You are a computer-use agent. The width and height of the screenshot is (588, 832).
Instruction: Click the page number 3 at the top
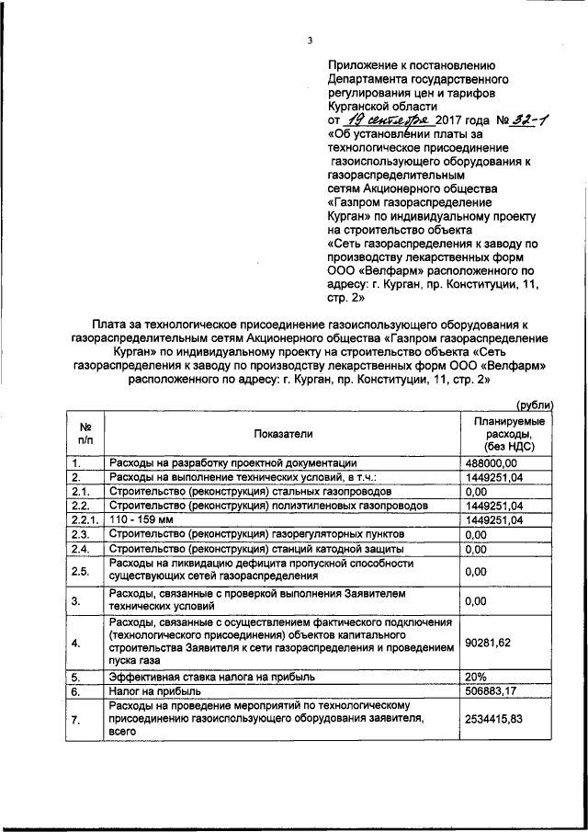point(311,40)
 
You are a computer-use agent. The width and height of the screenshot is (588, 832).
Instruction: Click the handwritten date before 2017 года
point(382,120)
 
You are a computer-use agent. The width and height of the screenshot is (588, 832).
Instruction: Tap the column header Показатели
point(283,432)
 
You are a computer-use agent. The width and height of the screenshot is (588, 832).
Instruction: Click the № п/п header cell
point(85,432)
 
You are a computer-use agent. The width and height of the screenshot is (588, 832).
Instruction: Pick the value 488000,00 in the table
point(493,463)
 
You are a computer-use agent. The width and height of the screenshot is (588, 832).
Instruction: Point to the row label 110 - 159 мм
point(138,520)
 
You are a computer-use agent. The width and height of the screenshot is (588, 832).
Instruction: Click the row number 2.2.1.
point(85,520)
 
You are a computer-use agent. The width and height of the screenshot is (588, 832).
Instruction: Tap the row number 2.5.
point(81,570)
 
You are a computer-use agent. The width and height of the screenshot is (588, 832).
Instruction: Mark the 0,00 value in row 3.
point(475,601)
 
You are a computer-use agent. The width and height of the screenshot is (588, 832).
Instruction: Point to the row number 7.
point(79,720)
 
